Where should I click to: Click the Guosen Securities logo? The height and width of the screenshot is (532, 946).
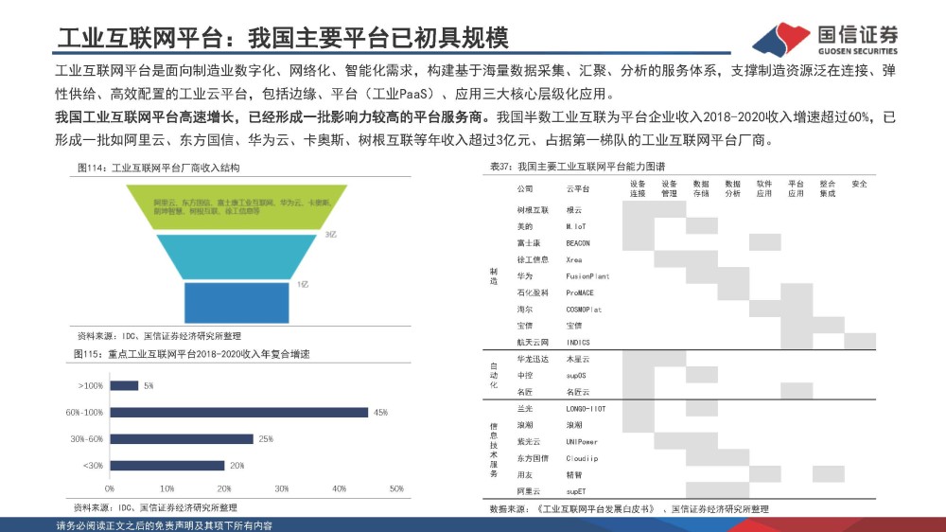pos(824,38)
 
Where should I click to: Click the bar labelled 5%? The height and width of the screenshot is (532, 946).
pos(124,385)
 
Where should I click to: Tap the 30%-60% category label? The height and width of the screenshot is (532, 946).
pos(86,438)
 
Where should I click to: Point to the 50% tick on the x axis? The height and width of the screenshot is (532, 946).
pos(396,488)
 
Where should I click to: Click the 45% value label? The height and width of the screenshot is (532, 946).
pos(381,412)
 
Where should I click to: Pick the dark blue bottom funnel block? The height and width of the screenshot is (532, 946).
pos(236,303)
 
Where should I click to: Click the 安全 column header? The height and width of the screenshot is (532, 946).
pos(859,184)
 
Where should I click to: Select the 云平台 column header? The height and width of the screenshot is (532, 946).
pos(576,189)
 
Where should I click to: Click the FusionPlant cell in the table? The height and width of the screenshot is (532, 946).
pos(587,276)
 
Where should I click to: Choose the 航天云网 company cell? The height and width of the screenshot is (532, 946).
pos(533,341)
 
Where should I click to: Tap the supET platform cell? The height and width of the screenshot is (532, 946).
pos(576,491)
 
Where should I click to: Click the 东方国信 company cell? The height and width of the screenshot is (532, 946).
pos(532,458)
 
